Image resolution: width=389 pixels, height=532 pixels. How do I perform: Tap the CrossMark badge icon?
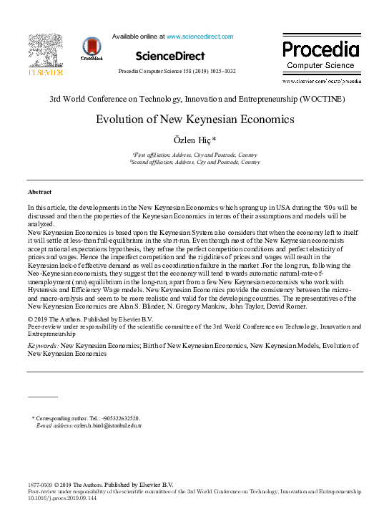click(x=92, y=48)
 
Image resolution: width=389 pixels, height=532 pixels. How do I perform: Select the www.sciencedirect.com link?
click(x=200, y=37)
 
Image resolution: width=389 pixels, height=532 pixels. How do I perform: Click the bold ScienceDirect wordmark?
click(x=169, y=56)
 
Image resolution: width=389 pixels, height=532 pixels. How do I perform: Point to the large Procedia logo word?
click(x=320, y=49)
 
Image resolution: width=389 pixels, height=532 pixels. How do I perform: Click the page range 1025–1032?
click(x=222, y=72)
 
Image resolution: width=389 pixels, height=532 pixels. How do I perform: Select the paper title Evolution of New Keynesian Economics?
click(x=194, y=120)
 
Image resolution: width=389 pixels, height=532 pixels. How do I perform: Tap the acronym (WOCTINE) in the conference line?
click(x=322, y=98)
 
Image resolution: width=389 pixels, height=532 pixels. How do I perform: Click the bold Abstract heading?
click(x=39, y=193)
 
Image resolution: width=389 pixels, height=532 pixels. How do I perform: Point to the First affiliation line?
click(x=194, y=155)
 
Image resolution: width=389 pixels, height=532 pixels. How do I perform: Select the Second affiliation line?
click(x=194, y=163)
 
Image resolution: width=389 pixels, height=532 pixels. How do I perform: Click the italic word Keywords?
click(x=43, y=345)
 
